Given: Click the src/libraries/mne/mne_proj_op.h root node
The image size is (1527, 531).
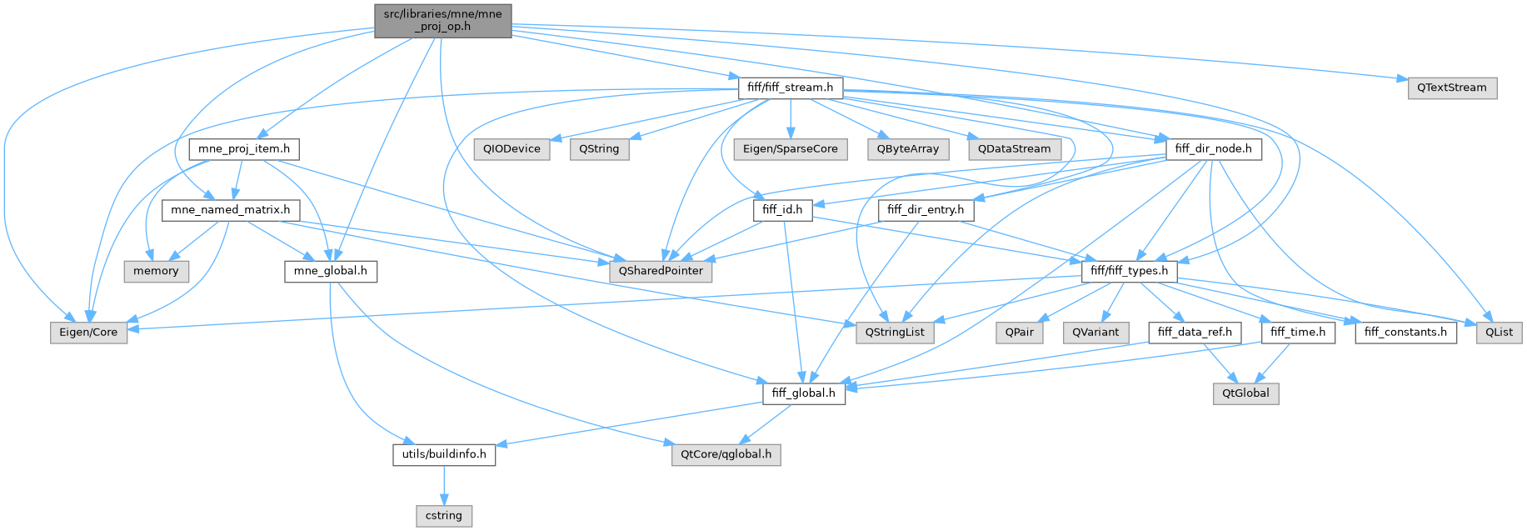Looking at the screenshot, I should (x=442, y=20).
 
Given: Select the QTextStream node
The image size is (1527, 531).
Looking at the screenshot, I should (x=1451, y=88).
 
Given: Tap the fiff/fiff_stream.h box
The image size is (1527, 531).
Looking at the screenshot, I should (x=790, y=88).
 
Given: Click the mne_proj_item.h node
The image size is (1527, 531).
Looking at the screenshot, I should (x=244, y=149).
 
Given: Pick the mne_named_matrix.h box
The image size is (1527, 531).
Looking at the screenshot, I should (x=231, y=210).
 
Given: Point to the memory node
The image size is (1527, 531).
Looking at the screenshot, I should (x=156, y=271).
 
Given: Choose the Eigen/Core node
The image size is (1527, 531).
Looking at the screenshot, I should (x=88, y=333).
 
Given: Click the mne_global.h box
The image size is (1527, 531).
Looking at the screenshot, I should (x=331, y=271).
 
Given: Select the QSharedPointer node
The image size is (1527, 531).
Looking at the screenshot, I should (x=661, y=271).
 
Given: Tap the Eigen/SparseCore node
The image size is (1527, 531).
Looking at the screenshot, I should (x=790, y=149).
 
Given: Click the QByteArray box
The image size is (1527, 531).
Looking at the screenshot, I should (x=907, y=149).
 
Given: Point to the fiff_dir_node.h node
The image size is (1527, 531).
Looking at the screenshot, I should (x=1213, y=149).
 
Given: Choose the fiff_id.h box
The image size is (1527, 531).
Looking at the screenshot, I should (x=782, y=210).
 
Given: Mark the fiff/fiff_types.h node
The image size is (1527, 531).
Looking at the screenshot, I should (x=1129, y=271).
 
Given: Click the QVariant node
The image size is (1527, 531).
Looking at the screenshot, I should (x=1095, y=333).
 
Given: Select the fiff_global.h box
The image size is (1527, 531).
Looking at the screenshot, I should (x=804, y=393).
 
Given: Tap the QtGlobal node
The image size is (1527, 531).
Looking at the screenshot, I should (x=1245, y=393).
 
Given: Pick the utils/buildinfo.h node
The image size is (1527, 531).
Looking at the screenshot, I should (x=444, y=455).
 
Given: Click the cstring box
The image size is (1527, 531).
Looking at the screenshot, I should (x=444, y=516).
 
